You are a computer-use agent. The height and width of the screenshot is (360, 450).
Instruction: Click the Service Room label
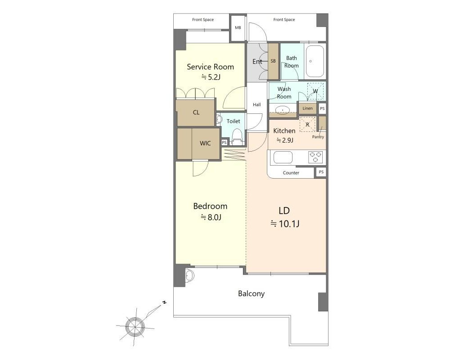point(210,67)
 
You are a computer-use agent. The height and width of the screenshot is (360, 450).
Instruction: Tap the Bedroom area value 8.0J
point(211,217)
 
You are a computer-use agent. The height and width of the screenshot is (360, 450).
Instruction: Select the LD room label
point(284,211)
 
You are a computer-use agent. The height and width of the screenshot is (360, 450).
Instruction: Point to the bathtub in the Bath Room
point(315,61)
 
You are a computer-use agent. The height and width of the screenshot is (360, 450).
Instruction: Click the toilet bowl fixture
point(237,137)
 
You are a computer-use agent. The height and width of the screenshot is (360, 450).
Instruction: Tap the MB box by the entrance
point(238,28)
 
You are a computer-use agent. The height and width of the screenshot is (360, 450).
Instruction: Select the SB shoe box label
point(273,61)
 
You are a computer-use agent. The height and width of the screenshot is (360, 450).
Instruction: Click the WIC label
point(205,143)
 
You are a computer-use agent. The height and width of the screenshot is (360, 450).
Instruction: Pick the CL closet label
point(196,112)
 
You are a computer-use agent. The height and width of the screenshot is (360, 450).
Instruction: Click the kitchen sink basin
point(283,157)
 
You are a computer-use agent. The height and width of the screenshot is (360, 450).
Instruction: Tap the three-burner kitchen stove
point(315,157)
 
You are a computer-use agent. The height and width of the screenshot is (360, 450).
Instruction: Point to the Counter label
point(291,173)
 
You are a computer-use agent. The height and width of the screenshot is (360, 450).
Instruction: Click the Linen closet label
point(307,108)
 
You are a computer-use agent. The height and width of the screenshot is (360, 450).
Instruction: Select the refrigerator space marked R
point(307,124)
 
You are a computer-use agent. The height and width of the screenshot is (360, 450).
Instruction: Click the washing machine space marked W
point(315,91)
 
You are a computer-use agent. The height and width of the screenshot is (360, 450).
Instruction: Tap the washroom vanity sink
point(283,110)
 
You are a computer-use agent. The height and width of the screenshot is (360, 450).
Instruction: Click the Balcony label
point(252,294)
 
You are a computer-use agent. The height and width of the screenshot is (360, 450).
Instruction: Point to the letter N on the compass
point(164,302)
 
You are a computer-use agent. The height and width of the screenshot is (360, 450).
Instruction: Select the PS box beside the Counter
point(321,172)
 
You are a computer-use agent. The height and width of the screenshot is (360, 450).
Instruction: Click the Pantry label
point(318,137)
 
